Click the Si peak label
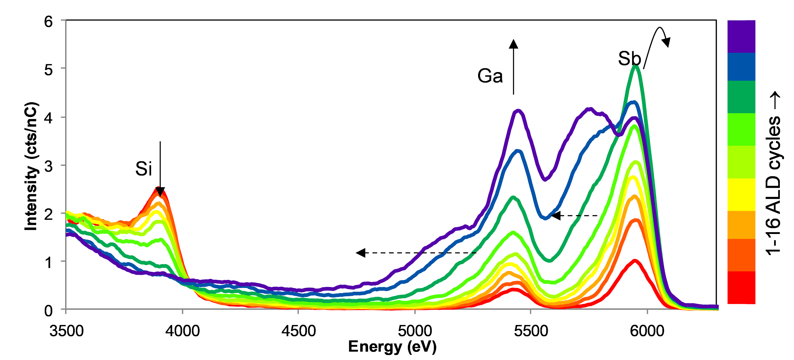(x=143, y=169)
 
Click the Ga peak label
(x=490, y=76)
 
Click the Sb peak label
(x=629, y=58)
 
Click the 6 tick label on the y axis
(x=49, y=22)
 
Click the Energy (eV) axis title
(x=392, y=347)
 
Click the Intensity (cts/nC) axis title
(x=31, y=166)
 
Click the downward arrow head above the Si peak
(x=160, y=192)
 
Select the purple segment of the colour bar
(x=741, y=36)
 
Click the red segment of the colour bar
(x=741, y=287)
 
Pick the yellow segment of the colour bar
(x=741, y=194)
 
